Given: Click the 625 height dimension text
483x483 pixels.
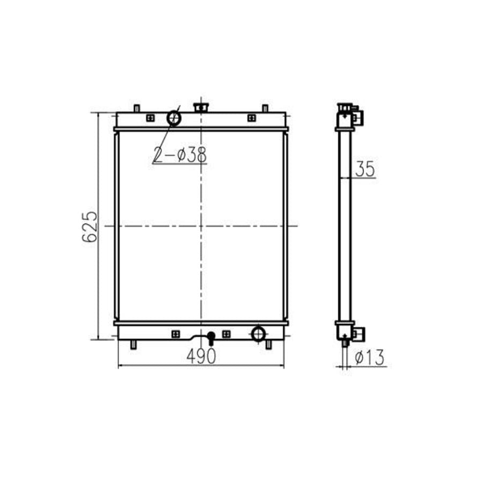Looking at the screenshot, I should pos(90,226).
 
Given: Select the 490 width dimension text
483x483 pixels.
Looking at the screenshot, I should pos(201,355).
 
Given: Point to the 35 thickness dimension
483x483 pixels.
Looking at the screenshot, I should pos(365,170).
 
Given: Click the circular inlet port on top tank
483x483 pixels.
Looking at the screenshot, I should pos(173,116).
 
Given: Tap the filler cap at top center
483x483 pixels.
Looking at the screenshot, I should pos(201,107).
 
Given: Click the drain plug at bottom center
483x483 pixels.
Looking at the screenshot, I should pos(211,338).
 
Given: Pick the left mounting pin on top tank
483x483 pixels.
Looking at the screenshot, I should pos(137,108).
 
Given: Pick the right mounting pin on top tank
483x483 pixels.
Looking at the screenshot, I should pos(264,108).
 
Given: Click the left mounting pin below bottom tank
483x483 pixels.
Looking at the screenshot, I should pos(134,344).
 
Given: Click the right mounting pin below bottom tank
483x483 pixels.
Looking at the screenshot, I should pos(268,344).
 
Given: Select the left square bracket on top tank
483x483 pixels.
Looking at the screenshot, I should pos(150,118).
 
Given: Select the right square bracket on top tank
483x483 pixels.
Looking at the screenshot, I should pos(251,118).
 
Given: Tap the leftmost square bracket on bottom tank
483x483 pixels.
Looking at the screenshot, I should pos(175,334).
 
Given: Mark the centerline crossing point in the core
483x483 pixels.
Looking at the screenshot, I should pos(201,226).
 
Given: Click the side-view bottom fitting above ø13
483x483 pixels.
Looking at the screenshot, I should pos(356,334).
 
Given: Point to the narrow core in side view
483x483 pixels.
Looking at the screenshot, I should pos(344,225).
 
